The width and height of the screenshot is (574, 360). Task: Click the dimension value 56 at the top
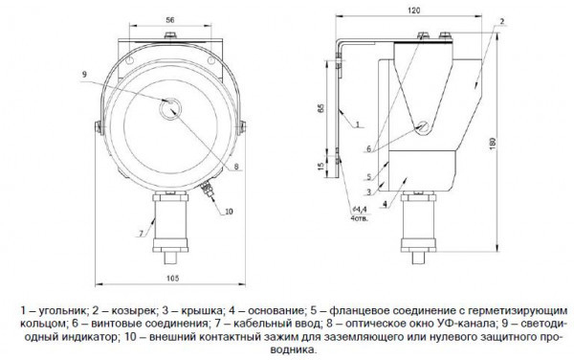coord(170,20)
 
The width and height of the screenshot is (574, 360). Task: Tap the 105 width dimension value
coord(173,279)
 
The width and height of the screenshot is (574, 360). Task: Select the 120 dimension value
coord(413,11)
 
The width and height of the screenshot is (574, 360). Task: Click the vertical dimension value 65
coord(321,108)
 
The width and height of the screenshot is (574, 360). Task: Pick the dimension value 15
coord(321,166)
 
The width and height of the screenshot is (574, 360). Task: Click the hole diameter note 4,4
coord(361,209)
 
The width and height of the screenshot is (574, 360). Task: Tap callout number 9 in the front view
coord(84,75)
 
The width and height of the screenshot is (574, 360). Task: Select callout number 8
coord(236,167)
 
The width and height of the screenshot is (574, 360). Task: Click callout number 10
coord(229,212)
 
